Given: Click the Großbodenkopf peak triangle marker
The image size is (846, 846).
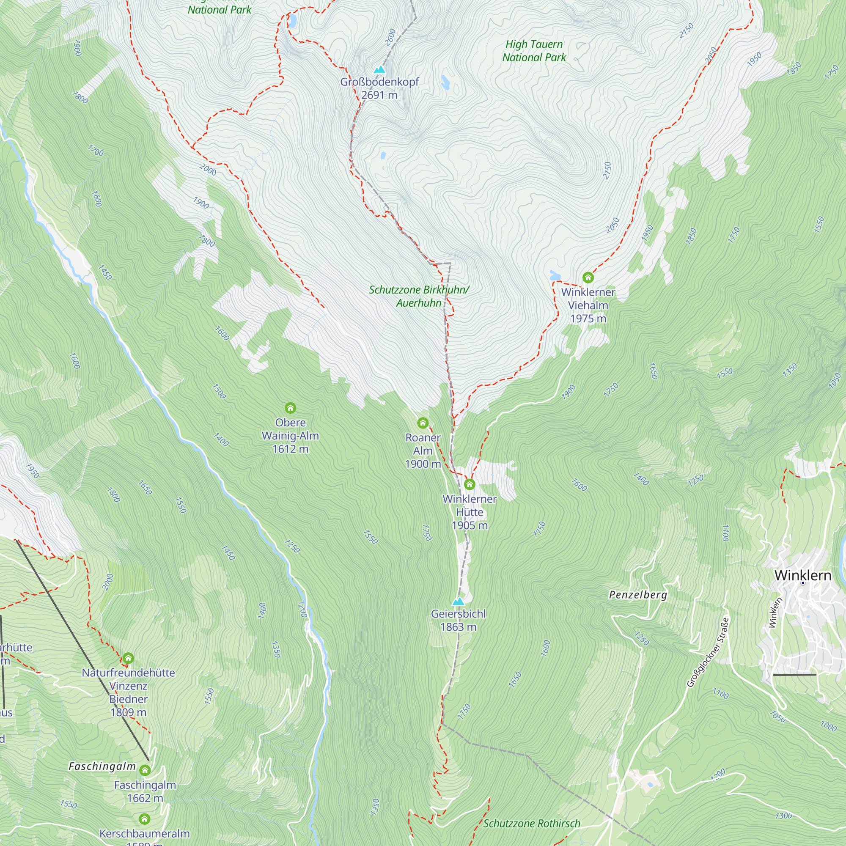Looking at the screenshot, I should [x=379, y=70].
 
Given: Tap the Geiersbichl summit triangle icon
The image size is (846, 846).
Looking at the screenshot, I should [x=458, y=602].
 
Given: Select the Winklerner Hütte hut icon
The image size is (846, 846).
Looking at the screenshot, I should [x=470, y=484].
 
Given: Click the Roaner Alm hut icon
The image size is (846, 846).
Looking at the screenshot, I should [x=423, y=423].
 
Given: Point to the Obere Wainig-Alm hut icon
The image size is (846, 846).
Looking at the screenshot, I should [x=290, y=408].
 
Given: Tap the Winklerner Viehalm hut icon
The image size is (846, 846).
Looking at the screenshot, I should [x=588, y=277].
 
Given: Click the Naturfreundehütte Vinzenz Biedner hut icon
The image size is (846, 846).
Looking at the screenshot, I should [x=128, y=658].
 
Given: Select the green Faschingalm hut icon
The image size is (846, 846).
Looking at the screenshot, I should [x=145, y=770].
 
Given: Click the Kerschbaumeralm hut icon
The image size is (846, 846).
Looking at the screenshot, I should [x=145, y=819].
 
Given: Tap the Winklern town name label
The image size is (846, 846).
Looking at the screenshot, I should [x=803, y=575].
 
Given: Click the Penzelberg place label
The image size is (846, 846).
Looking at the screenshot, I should [x=638, y=595].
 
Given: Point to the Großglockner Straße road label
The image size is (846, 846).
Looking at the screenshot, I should [x=708, y=652].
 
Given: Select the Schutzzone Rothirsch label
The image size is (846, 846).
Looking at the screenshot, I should [x=532, y=823].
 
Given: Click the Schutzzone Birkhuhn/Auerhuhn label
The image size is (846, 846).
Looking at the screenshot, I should [x=419, y=296].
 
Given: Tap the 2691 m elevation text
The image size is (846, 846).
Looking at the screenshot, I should [x=379, y=95].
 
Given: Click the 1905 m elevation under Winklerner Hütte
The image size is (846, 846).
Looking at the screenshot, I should [x=470, y=525].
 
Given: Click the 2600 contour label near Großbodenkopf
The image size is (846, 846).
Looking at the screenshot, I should [x=390, y=37].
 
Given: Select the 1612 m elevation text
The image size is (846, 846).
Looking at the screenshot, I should [x=290, y=449].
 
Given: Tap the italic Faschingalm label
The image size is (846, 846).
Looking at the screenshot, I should [x=102, y=766].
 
